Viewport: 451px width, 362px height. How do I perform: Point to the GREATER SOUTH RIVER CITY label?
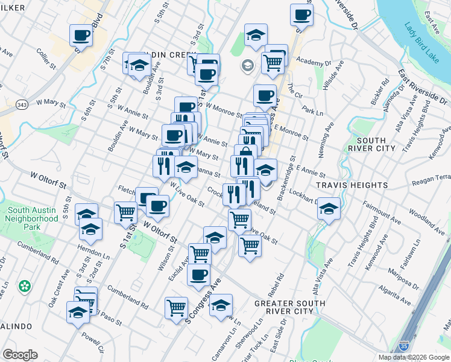(x=289, y=307)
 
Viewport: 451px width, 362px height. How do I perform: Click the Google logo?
(x=20, y=355)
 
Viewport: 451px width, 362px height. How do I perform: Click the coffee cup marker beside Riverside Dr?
(x=301, y=14)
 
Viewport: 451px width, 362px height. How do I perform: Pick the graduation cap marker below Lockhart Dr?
(x=329, y=209)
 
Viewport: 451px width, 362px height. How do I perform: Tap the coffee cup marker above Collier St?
(x=81, y=35)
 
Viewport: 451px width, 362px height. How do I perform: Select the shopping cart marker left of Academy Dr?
(x=273, y=62)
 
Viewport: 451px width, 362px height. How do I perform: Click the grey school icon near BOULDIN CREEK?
(x=247, y=65)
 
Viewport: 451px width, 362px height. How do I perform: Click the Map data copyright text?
(x=413, y=357)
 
